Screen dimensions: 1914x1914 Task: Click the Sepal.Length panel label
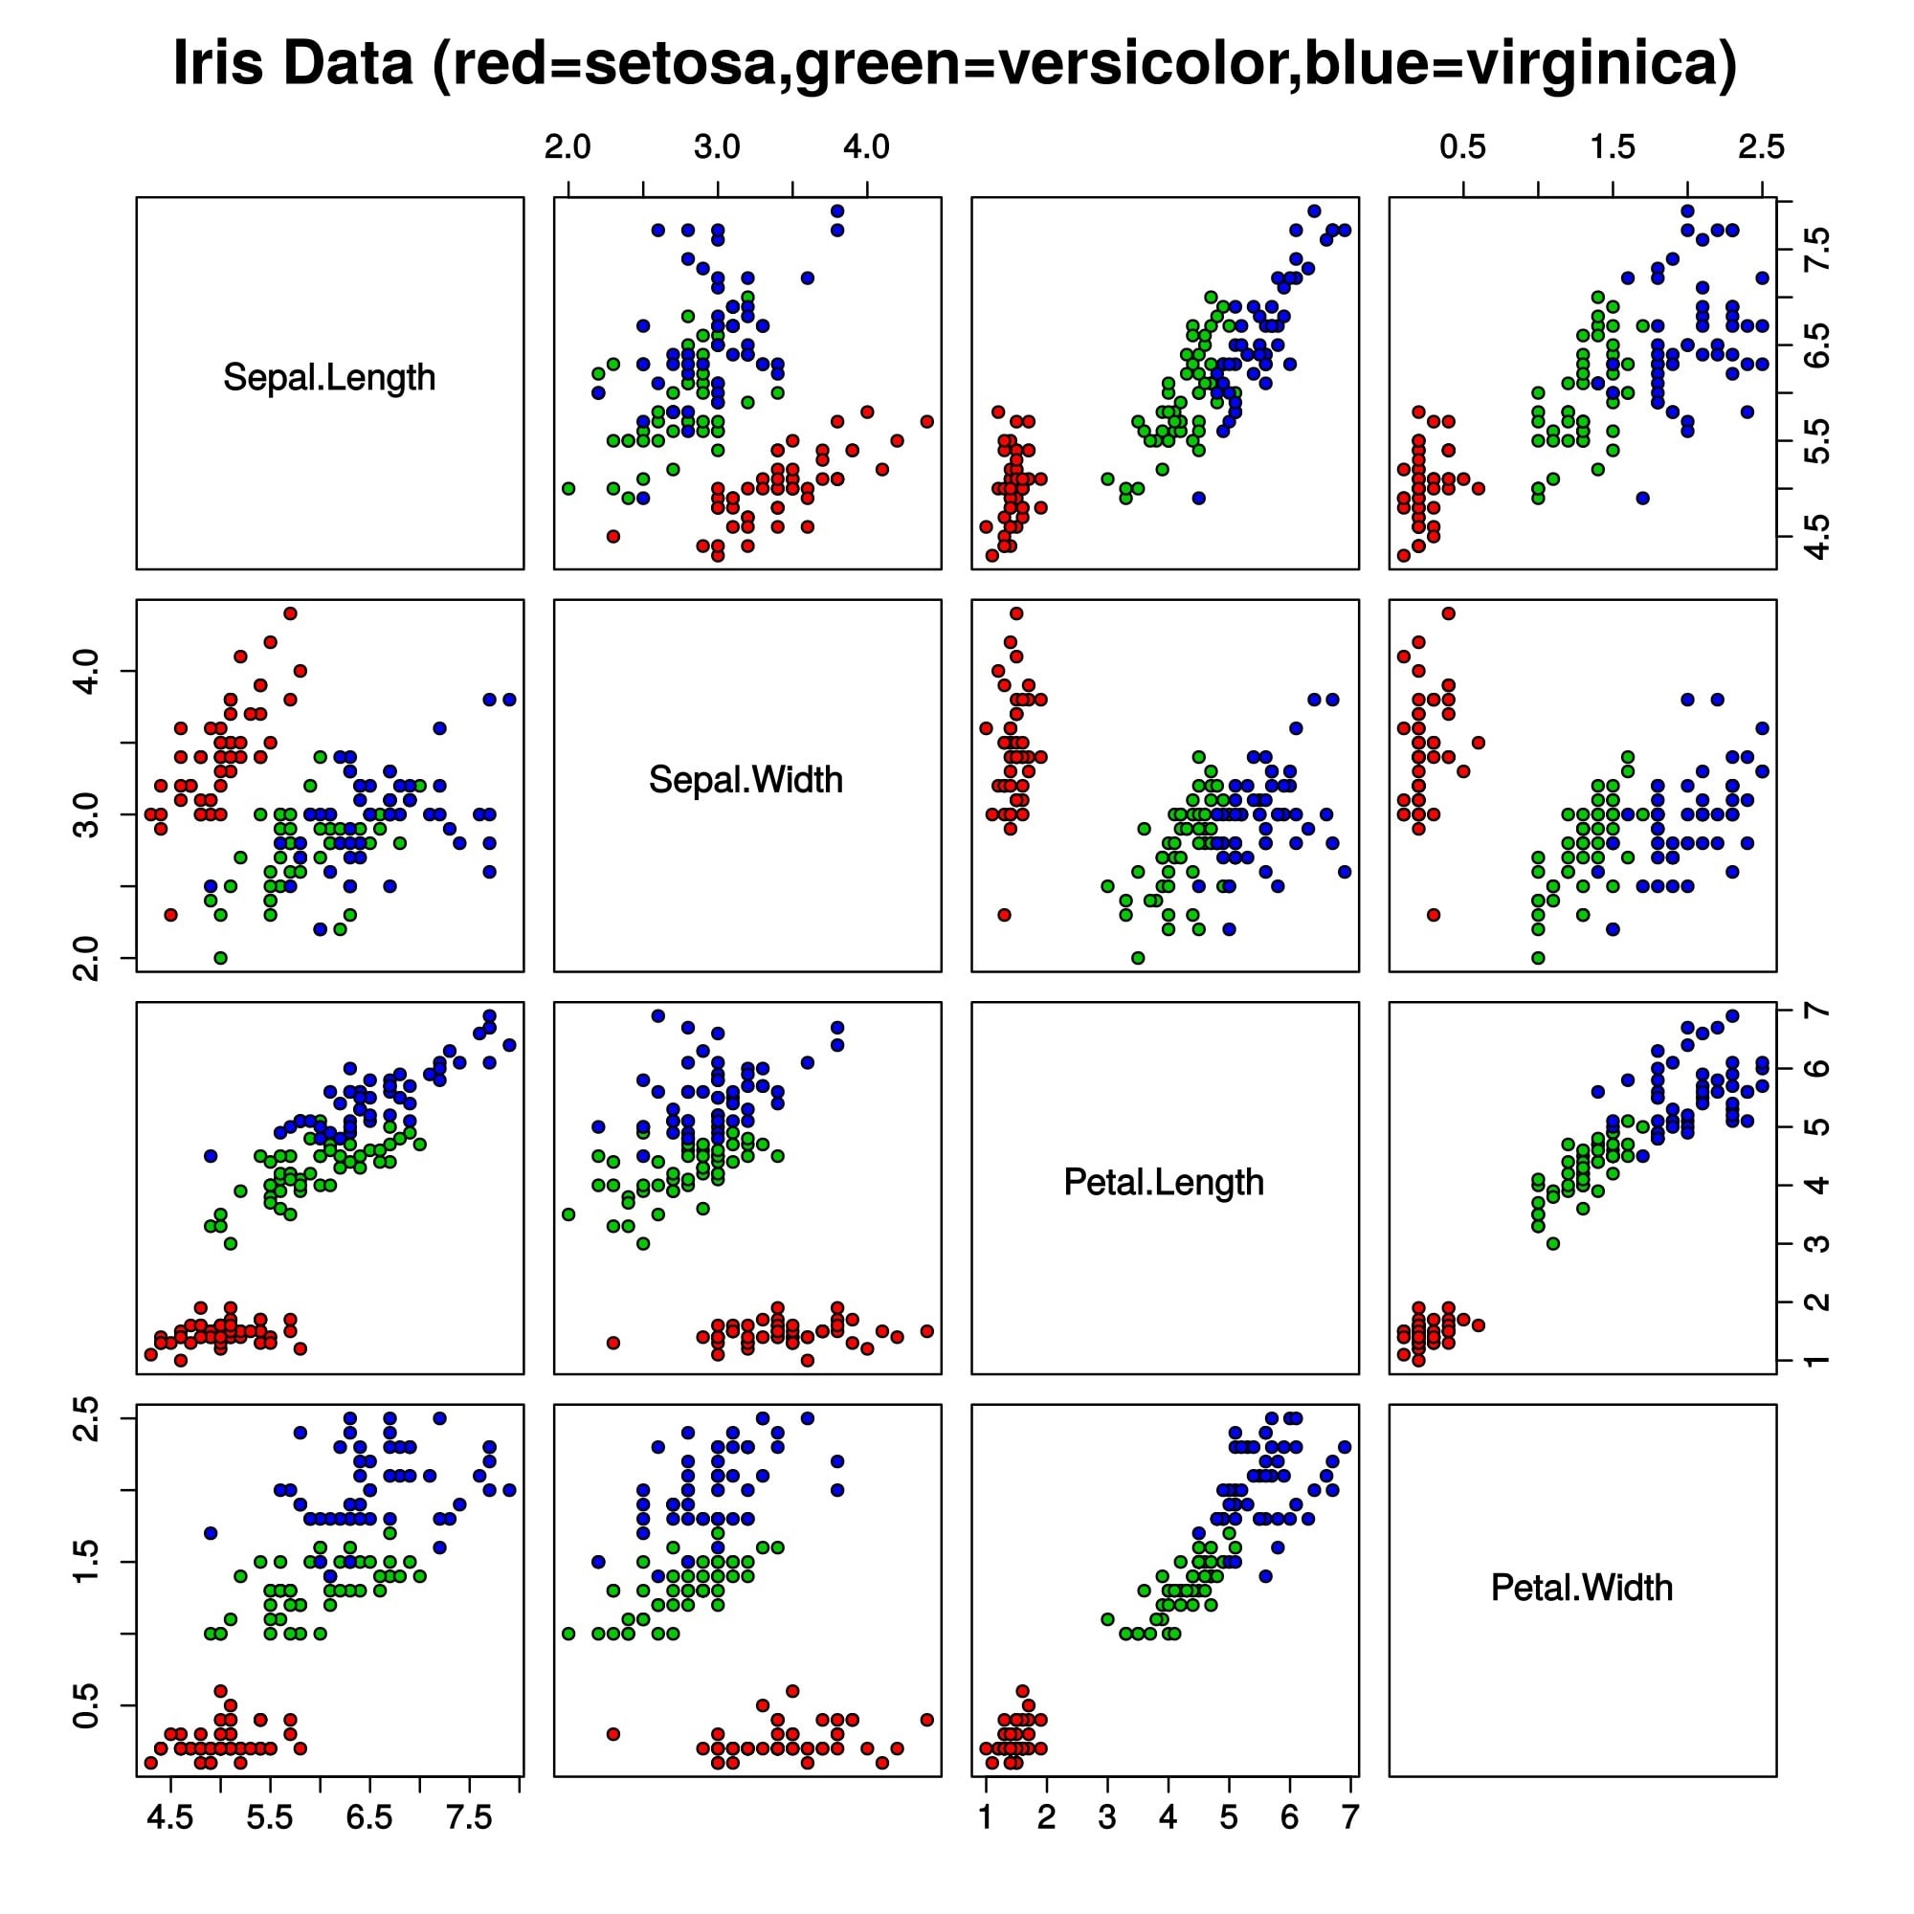pos(329,377)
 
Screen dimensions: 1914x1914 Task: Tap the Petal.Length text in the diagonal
pos(1163,1182)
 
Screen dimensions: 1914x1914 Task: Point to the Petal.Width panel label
pos(1581,1587)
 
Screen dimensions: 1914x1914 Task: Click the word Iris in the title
pos(220,63)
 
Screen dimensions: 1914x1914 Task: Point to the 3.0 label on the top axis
pos(716,147)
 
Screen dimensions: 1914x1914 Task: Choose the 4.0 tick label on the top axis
pos(866,147)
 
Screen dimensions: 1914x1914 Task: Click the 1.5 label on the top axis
pos(1612,147)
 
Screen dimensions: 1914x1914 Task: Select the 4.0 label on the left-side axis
pos(87,671)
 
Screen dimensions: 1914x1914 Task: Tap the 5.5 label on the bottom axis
pos(271,1817)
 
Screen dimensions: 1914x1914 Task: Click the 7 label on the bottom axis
pos(1349,1817)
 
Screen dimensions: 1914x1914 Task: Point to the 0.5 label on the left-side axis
pos(87,1705)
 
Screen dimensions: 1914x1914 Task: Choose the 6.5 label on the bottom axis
pos(369,1817)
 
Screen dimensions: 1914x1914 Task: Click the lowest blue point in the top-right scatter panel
pos(1642,498)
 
